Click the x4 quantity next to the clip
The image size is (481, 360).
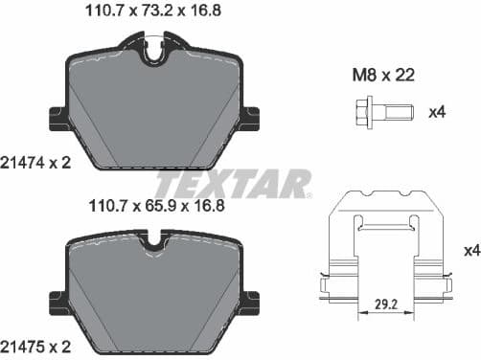point(470,251)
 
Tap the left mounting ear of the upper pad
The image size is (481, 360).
point(55,120)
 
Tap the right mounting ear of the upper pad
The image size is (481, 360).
point(250,120)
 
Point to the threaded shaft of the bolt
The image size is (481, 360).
point(397,112)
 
